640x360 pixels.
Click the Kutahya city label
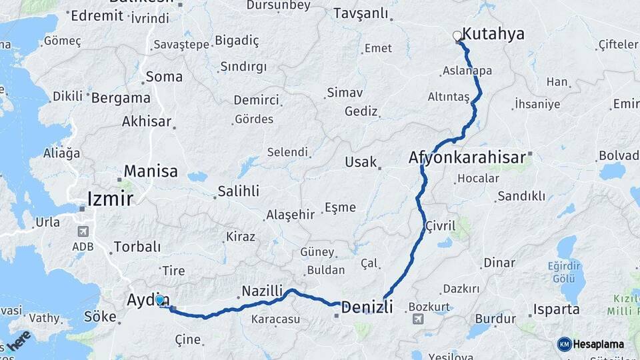click(493, 34)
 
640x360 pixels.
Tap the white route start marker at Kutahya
click(457, 36)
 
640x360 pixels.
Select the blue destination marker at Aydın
click(160, 300)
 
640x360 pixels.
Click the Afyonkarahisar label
click(467, 159)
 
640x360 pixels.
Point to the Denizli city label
click(367, 307)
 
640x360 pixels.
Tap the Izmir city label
click(111, 199)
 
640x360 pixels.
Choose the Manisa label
click(151, 171)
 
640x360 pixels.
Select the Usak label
click(361, 162)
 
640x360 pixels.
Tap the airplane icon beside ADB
click(83, 231)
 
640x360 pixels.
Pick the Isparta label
click(556, 310)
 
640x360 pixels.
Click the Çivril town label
click(440, 226)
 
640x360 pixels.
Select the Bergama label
click(120, 97)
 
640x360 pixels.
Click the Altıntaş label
click(449, 97)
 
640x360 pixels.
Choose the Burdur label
click(495, 319)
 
